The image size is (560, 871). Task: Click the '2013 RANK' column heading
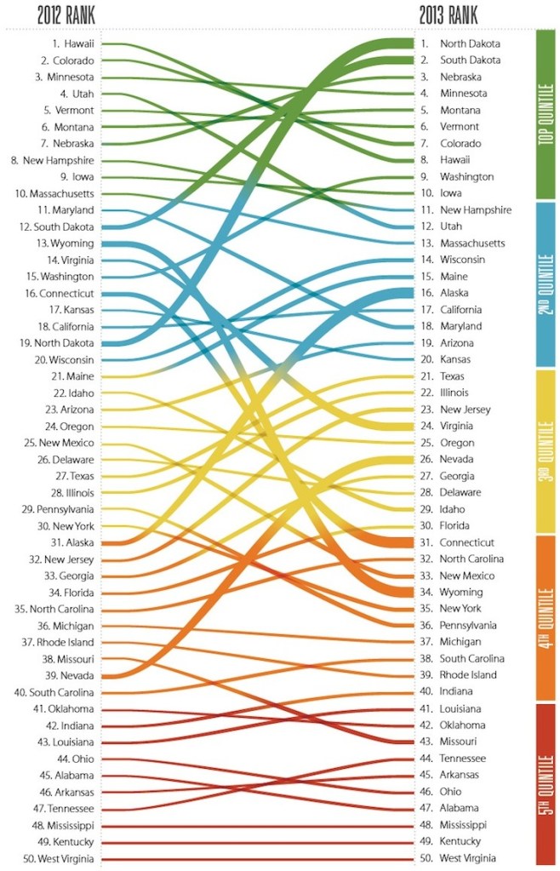coord(449,14)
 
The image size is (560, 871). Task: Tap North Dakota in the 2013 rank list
coord(470,43)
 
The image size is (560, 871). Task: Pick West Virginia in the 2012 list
coord(60,858)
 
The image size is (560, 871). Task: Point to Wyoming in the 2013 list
coord(460,593)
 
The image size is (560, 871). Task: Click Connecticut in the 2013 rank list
coord(467,542)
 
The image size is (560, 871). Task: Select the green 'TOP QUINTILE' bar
coord(546,113)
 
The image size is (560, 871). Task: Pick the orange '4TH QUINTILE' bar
coord(546,617)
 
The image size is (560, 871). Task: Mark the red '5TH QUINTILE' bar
coord(546,783)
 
